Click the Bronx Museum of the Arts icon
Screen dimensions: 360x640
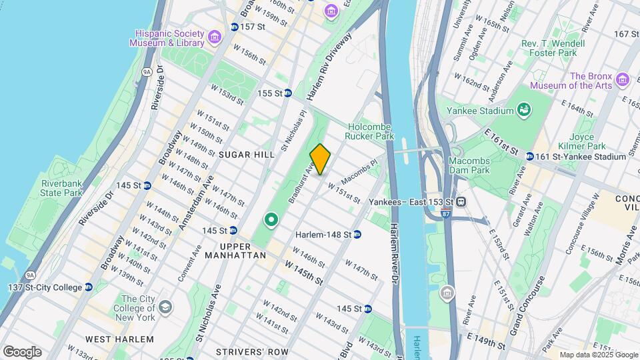[x=623, y=80]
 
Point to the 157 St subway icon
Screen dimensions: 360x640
[x=234, y=27]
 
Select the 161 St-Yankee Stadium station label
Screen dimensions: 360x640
[x=579, y=157]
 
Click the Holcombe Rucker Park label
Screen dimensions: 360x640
[x=370, y=130]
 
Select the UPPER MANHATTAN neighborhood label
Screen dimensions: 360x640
[x=235, y=255]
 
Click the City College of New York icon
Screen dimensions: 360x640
[x=165, y=307]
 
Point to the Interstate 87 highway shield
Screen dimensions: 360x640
[x=445, y=215]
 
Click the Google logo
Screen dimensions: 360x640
[x=22, y=352]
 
